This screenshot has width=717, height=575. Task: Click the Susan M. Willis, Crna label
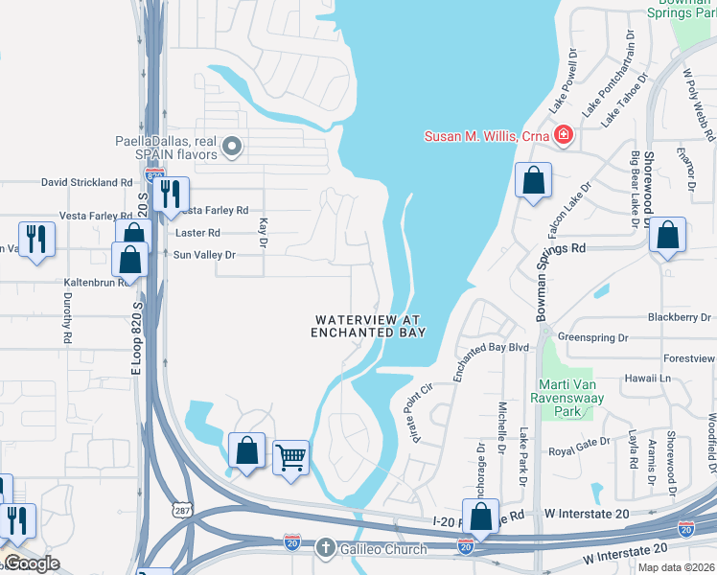(x=486, y=136)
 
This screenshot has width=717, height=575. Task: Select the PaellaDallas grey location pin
(x=231, y=147)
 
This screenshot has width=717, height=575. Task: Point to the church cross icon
(x=326, y=548)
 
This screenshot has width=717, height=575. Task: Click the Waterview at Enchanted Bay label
(x=368, y=326)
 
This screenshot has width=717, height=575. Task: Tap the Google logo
(x=31, y=563)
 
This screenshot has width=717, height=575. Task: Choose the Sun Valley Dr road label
(x=204, y=255)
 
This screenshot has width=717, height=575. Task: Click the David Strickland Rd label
(x=86, y=182)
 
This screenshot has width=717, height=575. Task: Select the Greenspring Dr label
(x=592, y=337)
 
